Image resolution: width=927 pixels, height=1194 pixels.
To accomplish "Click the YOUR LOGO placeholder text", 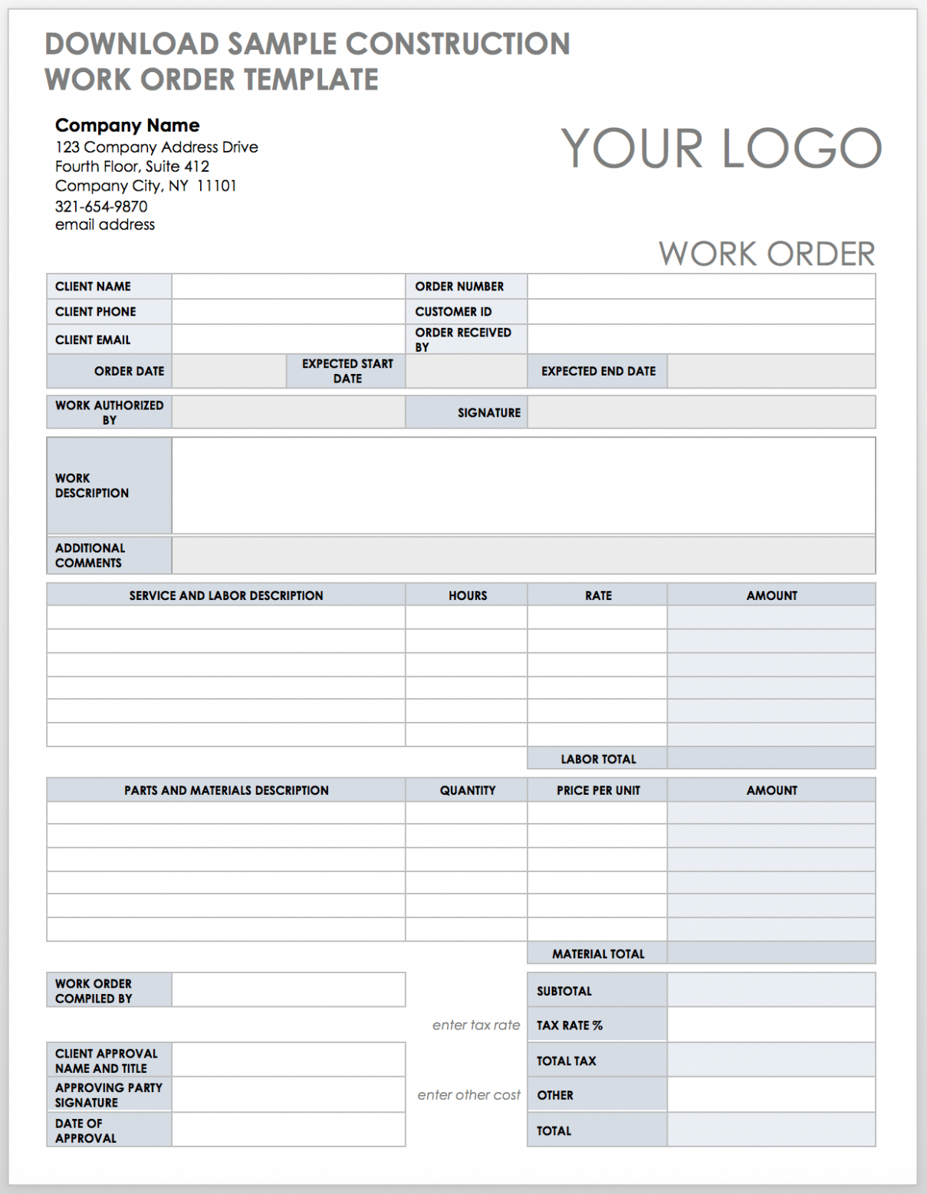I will [721, 148].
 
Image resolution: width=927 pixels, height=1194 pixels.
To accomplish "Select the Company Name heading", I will [127, 126].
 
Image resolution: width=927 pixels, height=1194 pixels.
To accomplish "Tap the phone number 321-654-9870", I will [101, 206].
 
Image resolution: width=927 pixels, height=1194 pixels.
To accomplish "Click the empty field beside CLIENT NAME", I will [288, 287].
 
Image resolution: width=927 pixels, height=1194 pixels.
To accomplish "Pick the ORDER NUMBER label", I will [459, 287].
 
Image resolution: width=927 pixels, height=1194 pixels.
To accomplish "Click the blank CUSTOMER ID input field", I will [701, 312].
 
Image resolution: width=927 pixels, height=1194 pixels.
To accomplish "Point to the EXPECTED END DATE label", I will [598, 371].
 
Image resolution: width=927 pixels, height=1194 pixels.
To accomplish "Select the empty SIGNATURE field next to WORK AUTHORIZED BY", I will [701, 412].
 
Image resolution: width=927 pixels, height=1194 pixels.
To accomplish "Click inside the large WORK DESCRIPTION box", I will [523, 485].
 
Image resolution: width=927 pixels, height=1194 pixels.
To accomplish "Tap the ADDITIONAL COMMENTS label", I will [89, 556].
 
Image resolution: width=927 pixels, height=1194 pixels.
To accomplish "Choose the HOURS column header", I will [468, 595].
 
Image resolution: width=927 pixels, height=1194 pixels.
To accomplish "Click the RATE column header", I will [598, 595].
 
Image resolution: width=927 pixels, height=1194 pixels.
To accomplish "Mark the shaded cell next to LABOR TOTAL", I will [771, 759].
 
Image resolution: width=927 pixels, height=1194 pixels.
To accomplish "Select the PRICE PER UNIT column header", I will [598, 790].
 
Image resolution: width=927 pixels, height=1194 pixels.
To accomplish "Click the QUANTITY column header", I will [468, 790].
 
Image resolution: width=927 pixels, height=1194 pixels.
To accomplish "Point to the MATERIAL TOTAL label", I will [598, 954].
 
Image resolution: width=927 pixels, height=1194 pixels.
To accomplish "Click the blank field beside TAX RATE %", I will [771, 1025].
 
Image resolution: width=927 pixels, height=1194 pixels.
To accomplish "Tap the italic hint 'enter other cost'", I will [468, 1095].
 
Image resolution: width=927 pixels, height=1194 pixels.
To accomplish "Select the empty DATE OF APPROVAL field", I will [288, 1130].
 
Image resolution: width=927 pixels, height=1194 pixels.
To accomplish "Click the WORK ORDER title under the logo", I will [766, 254].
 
